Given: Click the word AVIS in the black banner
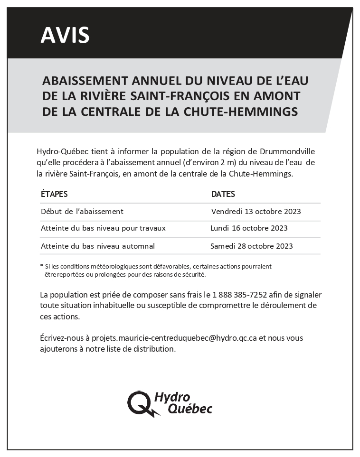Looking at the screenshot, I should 65,35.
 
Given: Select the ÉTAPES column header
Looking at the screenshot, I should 54,194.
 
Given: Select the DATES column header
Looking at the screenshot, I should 223,194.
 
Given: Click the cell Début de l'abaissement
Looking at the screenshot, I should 82,211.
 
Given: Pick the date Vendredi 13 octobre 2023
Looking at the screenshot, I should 256,211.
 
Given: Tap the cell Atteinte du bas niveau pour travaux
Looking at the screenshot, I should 103,228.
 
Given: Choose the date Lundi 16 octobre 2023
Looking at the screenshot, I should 249,228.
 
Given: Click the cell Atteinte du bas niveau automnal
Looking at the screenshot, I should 98,246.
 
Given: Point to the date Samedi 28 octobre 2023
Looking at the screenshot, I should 252,246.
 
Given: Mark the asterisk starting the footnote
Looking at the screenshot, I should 42,266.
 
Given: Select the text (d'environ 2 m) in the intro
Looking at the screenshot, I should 210,163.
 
